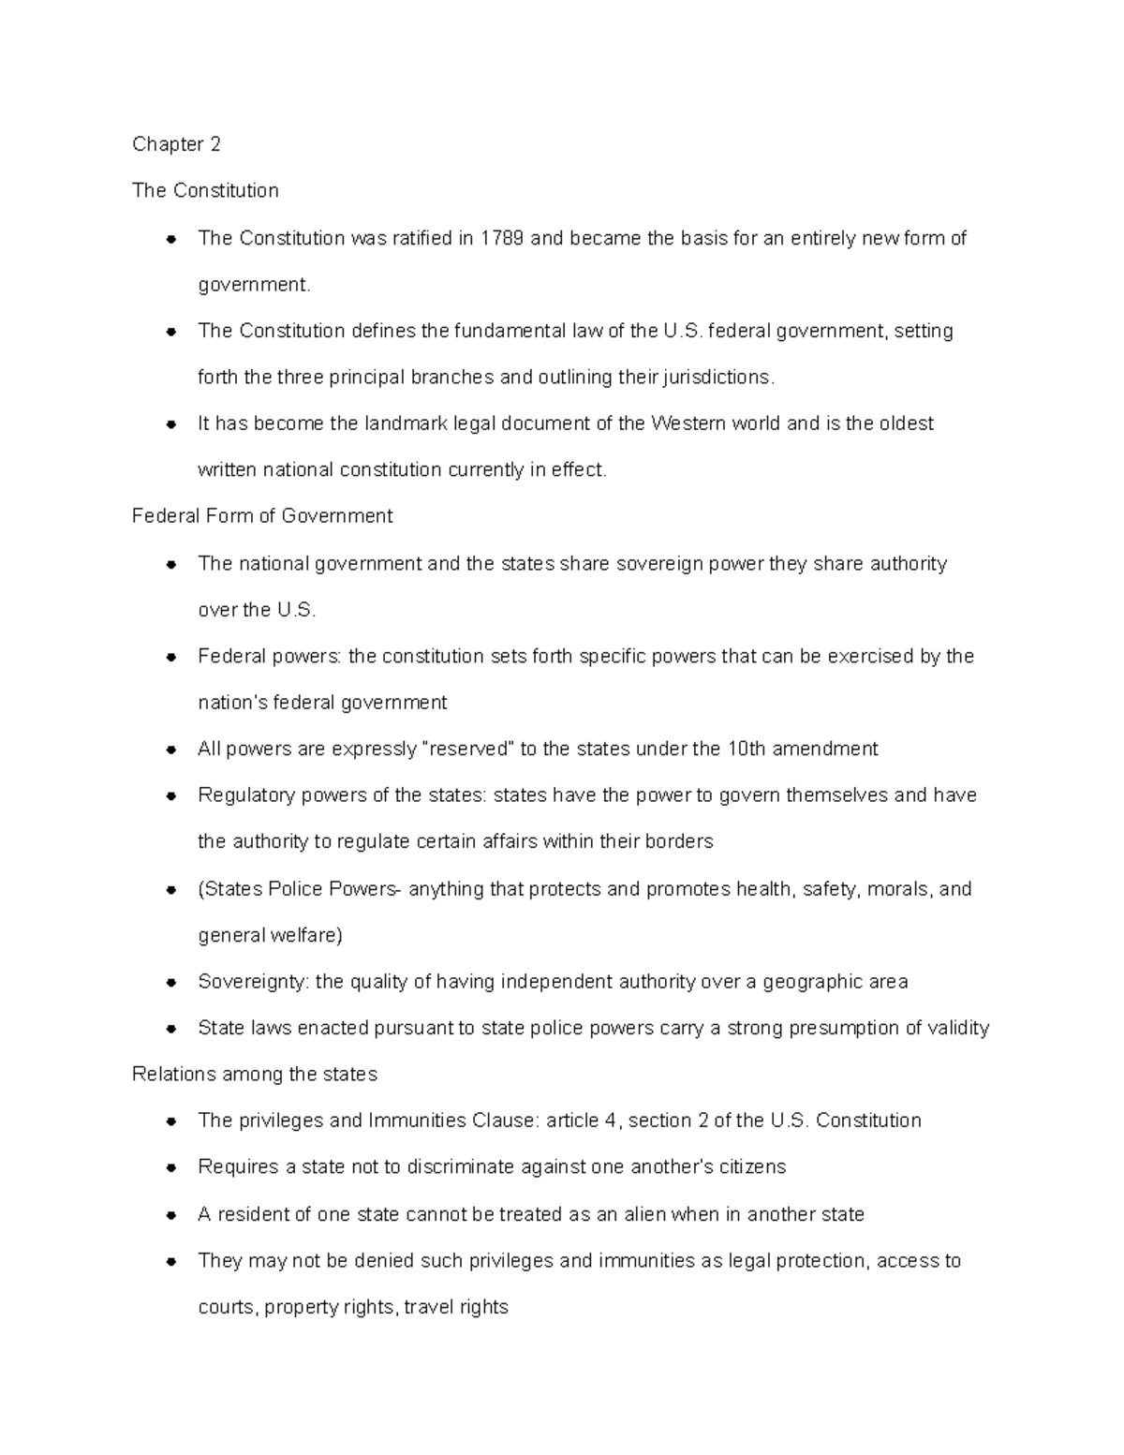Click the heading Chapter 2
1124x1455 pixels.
pos(176,144)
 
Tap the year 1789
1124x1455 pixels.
pos(502,238)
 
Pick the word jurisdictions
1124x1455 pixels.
pos(718,378)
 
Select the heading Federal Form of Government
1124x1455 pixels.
pos(262,516)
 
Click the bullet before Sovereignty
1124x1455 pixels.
pos(171,983)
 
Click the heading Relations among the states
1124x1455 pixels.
pos(255,1075)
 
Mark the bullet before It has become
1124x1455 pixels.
pos(171,424)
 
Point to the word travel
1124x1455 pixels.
pos(436,1307)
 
